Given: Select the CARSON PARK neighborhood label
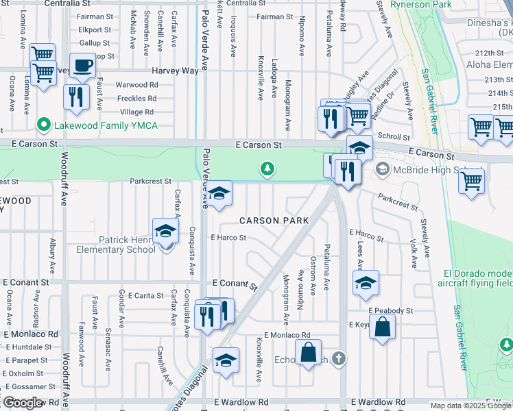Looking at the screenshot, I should pos(274,221).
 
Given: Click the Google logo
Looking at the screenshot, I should pos(23,402).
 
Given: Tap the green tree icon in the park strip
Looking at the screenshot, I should pos(267,169).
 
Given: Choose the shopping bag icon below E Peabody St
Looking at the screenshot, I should pos(382,327).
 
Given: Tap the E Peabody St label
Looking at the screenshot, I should pos(390,310).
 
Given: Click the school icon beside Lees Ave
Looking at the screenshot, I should pos(366,282).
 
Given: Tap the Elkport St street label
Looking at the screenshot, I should pos(95,30).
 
